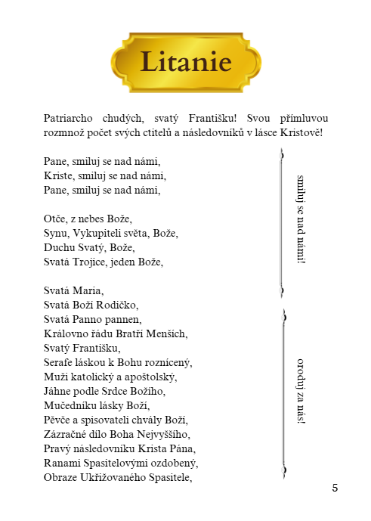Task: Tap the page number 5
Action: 335,488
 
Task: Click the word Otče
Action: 56,219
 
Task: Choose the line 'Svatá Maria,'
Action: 73,290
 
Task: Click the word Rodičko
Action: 117,305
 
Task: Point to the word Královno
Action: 66,333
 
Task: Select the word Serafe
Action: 60,362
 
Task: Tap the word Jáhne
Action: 59,391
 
